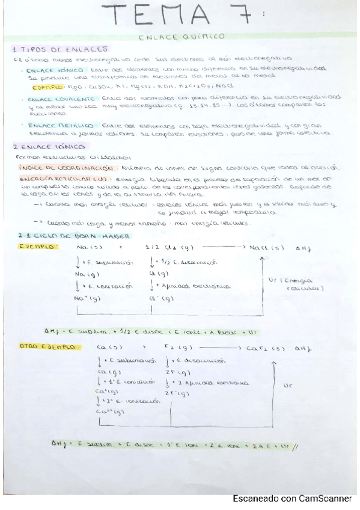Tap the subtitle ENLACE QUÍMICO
click(181, 36)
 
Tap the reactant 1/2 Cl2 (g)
click(162, 247)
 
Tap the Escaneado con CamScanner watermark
click(293, 498)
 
